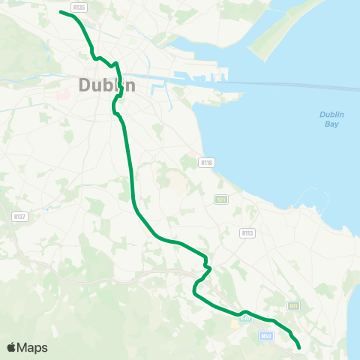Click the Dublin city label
(106, 85)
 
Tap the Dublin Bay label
(331, 119)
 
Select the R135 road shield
(80, 7)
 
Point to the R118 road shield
(206, 162)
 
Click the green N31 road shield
(220, 199)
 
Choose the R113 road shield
(247, 233)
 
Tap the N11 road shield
(293, 306)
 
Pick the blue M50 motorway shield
(265, 336)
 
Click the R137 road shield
(19, 216)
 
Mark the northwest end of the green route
(61, 12)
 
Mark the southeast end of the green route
(299, 348)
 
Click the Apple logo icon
(11, 347)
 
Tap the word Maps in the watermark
(32, 347)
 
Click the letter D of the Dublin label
(84, 85)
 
